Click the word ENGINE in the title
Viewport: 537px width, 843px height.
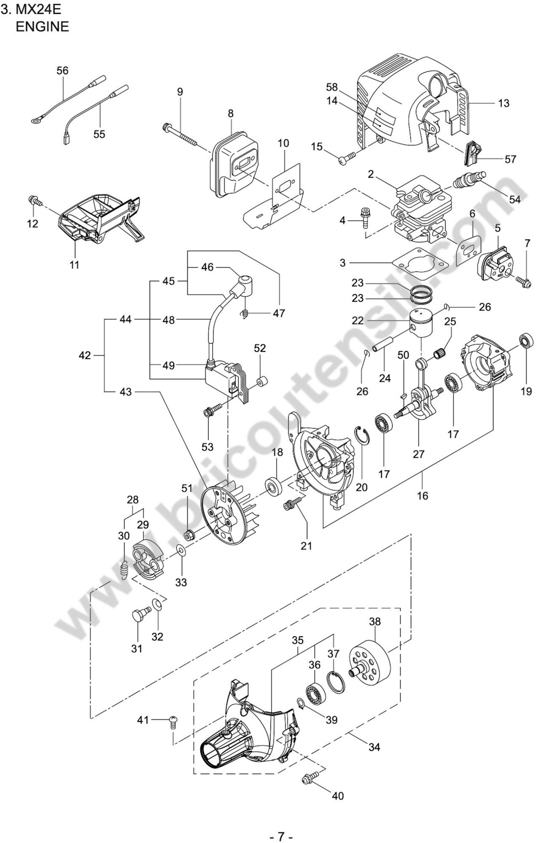point(42,27)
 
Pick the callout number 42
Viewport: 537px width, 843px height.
point(85,356)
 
